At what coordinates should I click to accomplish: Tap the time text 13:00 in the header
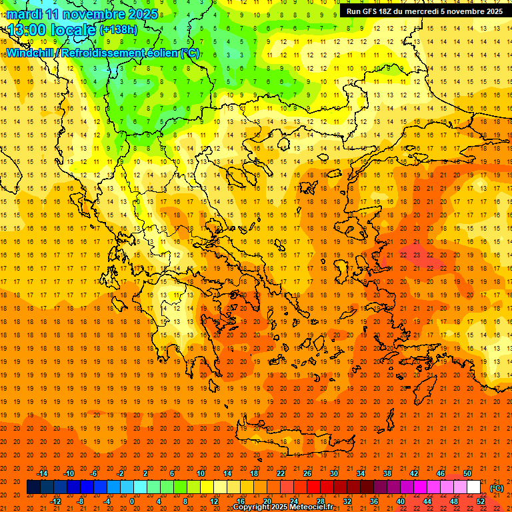pos(27,30)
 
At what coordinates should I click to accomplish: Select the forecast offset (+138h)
pos(119,30)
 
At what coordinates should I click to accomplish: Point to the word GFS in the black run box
pos(371,11)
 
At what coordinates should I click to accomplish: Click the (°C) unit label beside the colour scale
pos(497,487)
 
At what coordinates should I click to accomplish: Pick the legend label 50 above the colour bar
pos(468,473)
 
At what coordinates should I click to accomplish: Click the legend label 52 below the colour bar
pos(481,501)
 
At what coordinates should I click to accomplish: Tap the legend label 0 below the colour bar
pos(132,501)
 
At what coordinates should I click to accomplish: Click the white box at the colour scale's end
pos(474,487)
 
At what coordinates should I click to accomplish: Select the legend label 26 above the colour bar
pos(307,473)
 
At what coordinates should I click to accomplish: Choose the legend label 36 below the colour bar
pos(374,501)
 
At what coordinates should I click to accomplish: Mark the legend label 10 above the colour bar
pos(201,473)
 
